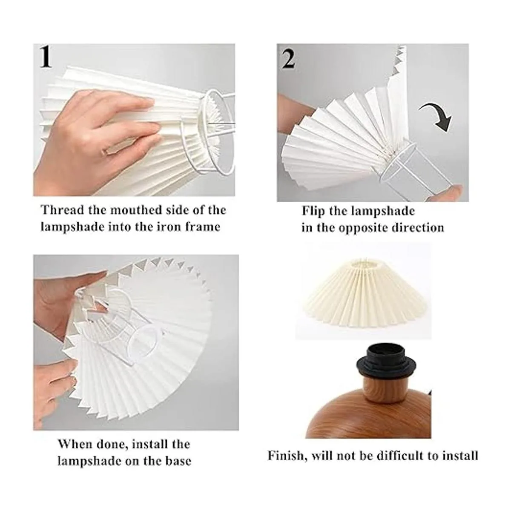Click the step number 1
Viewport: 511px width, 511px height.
pyautogui.click(x=46, y=57)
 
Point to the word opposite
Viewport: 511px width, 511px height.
pyautogui.click(x=365, y=228)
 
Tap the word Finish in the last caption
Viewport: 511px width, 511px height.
pyautogui.click(x=286, y=456)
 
